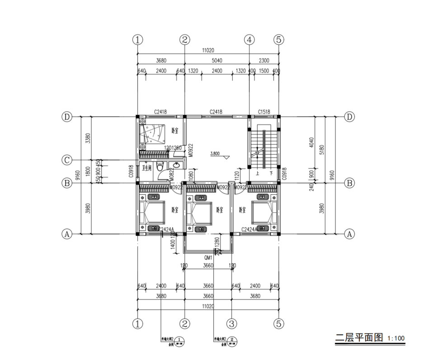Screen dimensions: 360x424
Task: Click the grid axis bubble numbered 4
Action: tap(249, 39)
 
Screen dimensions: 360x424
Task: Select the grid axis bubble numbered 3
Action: tap(231, 323)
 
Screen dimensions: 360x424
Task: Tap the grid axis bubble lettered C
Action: tap(67, 160)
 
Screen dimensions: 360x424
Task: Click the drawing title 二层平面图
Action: tap(358, 337)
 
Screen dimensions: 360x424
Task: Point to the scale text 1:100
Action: tap(396, 338)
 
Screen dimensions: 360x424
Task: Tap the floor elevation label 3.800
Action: tap(215, 154)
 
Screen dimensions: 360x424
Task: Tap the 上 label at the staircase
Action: tap(257, 173)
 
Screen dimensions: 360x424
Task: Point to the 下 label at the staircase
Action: tap(271, 173)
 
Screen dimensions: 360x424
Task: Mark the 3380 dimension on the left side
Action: tap(89, 137)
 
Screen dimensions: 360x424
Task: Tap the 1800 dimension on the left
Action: tap(89, 172)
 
